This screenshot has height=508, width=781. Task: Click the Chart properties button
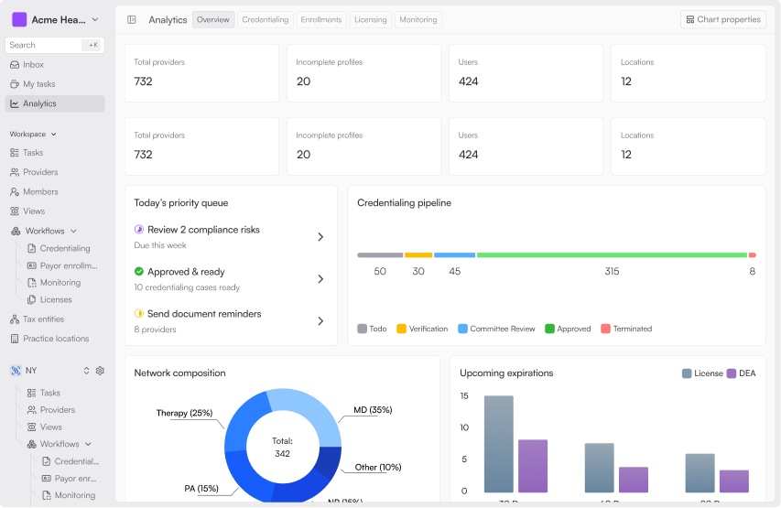[x=722, y=19]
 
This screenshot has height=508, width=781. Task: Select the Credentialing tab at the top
[x=265, y=19]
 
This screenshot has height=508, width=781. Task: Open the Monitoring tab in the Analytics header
[x=418, y=19]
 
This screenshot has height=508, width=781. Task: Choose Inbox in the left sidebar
[x=33, y=65]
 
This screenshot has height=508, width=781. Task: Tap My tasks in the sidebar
[x=38, y=84]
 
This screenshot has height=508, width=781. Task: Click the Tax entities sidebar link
[x=43, y=319]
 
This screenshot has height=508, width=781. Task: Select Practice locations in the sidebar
[x=55, y=339]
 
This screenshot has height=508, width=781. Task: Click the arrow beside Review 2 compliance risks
[x=320, y=237]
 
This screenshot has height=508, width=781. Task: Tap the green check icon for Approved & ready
[x=139, y=272]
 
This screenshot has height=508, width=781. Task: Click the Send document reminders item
[x=203, y=314]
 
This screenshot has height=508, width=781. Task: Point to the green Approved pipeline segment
[x=611, y=255]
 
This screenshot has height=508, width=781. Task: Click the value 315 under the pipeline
[x=612, y=272]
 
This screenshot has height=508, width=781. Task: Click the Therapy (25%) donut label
[x=184, y=413]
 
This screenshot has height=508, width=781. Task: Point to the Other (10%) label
[x=378, y=467]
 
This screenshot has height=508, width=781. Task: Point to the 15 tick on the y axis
[x=464, y=396]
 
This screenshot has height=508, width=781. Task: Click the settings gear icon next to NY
[x=100, y=371]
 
